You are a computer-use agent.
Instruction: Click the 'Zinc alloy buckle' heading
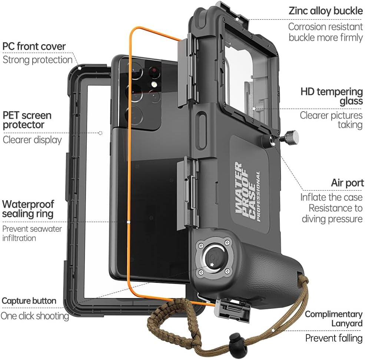(x=325, y=11)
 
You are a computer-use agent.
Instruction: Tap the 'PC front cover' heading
(x=34, y=47)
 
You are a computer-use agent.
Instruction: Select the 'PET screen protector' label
(x=27, y=120)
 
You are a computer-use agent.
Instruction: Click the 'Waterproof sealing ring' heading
(x=28, y=209)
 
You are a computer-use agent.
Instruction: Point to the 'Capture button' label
(x=29, y=301)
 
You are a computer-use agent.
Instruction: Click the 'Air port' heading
(x=347, y=183)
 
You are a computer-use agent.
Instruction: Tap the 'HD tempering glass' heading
(x=331, y=96)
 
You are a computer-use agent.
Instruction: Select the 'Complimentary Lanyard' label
(x=334, y=318)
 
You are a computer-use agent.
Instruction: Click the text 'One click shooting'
(x=34, y=316)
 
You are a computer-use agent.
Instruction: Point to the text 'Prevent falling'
(x=334, y=338)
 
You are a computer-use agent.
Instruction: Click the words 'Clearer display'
(x=32, y=140)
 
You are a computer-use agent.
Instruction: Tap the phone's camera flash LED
(x=153, y=85)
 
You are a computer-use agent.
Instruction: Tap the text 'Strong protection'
(x=37, y=60)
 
